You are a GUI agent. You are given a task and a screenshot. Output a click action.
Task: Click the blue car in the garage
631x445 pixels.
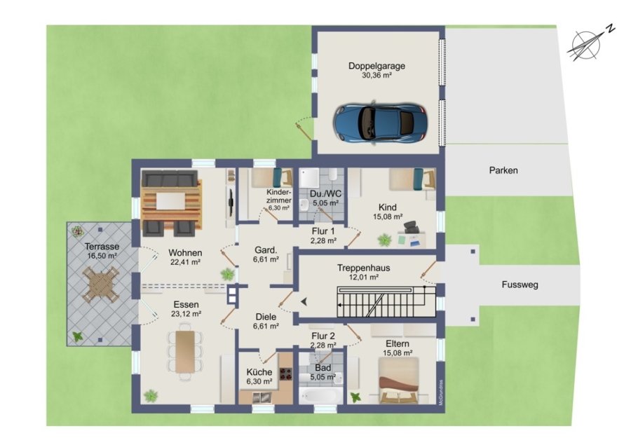coord(380,123)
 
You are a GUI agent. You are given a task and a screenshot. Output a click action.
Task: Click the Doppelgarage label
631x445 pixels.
coord(376,66)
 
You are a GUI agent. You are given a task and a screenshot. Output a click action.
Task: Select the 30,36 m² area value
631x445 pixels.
coord(376,75)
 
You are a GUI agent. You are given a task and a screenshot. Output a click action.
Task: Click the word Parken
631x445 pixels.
coord(503,170)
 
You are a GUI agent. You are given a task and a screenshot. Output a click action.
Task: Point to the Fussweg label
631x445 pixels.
coord(520,285)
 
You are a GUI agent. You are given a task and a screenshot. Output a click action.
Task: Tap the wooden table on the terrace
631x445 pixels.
coord(100,285)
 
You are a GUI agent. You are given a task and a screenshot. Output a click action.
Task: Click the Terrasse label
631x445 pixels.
coord(102,247)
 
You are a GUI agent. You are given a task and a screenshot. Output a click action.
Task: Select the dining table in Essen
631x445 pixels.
coord(185,352)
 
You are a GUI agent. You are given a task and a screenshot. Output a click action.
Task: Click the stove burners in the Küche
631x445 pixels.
coord(286,374)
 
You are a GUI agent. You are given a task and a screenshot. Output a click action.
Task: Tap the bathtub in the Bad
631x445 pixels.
coord(320,395)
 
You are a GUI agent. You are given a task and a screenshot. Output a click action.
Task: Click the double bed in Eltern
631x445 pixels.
coord(398,381)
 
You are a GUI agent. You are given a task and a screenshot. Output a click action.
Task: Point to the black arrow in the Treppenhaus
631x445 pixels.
coord(304,301)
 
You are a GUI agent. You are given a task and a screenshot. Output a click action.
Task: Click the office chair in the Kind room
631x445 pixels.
coord(412,227)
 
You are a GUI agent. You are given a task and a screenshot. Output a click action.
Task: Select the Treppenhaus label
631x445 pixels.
coord(363,268)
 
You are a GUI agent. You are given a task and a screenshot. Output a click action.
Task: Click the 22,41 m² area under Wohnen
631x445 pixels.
coord(185,262)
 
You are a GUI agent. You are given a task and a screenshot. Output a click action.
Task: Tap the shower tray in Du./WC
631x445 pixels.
coord(309,177)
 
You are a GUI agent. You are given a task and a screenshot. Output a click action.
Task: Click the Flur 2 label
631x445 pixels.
coord(323,336)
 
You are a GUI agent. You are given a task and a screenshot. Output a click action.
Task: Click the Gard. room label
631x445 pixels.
coord(266,250)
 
